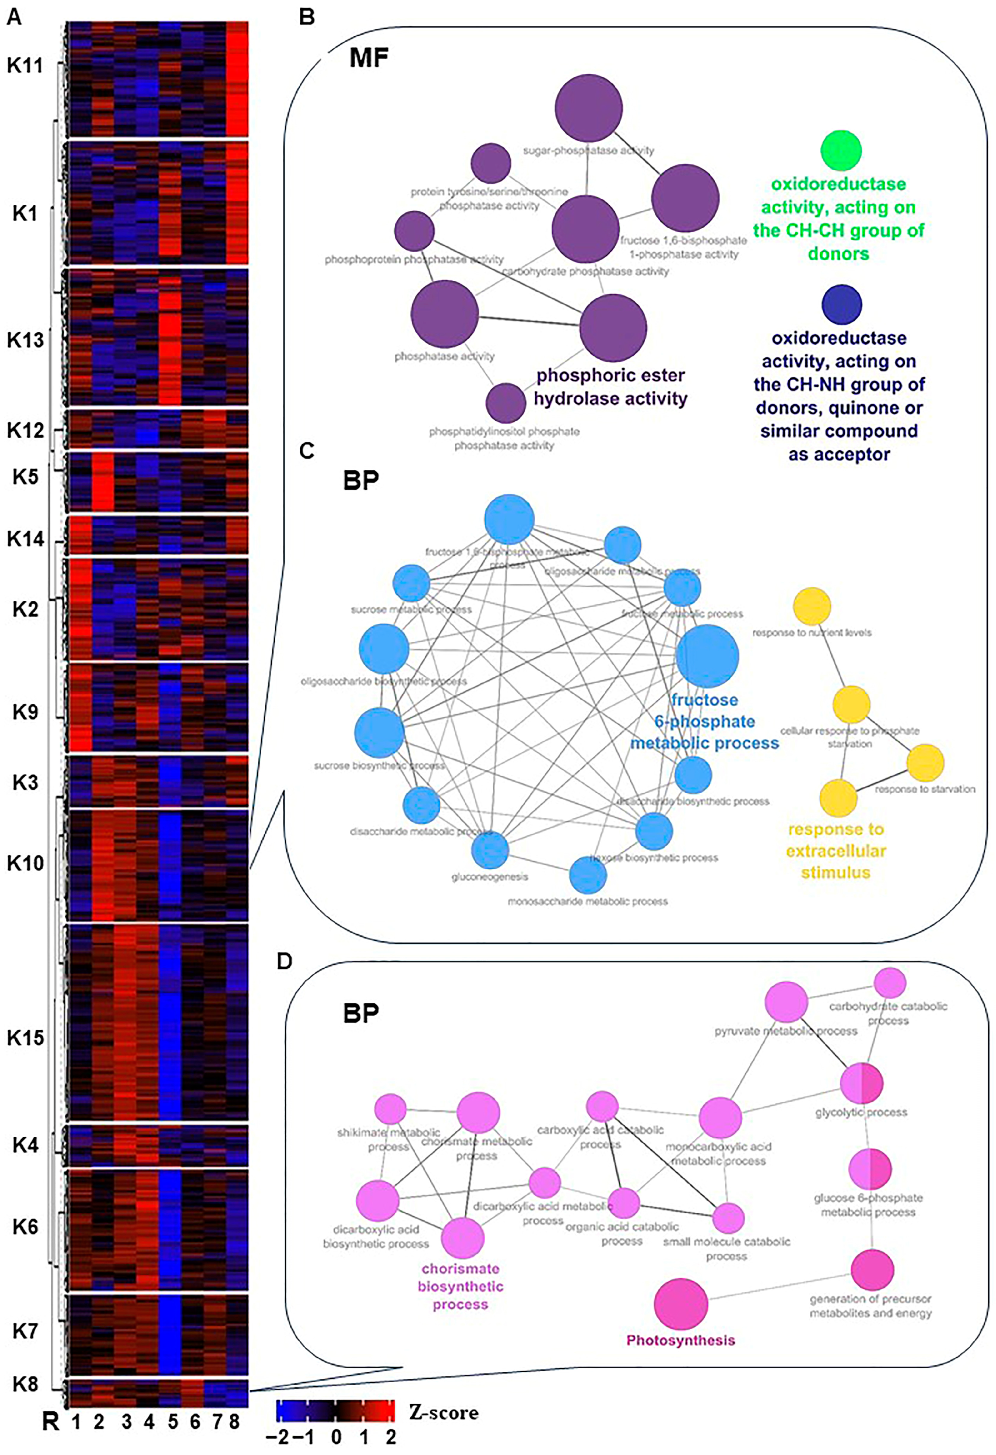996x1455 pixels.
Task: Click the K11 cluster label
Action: pos(25,65)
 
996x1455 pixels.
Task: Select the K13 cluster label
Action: pos(25,340)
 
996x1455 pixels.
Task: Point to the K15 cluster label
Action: pos(25,1038)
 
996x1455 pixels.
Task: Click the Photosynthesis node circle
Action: pos(681,1304)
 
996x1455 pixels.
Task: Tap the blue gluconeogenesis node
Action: pos(490,849)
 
